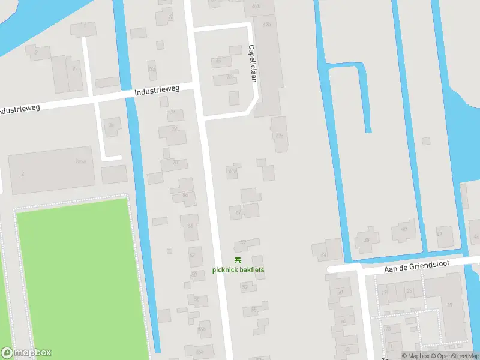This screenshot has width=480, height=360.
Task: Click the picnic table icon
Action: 238,260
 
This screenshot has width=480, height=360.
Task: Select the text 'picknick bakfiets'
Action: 238,270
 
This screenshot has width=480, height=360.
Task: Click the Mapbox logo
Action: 26,353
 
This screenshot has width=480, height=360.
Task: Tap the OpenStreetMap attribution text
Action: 453,356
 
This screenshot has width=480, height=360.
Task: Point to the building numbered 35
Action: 449,304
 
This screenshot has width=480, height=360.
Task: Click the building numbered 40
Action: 404,229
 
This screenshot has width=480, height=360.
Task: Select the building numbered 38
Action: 367,239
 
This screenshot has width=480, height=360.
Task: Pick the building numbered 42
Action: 439,235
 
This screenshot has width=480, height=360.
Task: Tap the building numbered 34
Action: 325,255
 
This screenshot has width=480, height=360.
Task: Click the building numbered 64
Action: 190,226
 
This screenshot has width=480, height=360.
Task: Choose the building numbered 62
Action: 193,256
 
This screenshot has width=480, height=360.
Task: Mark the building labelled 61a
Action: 233,171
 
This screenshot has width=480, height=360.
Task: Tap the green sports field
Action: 72,276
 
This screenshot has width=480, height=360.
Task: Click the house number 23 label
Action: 409,291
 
